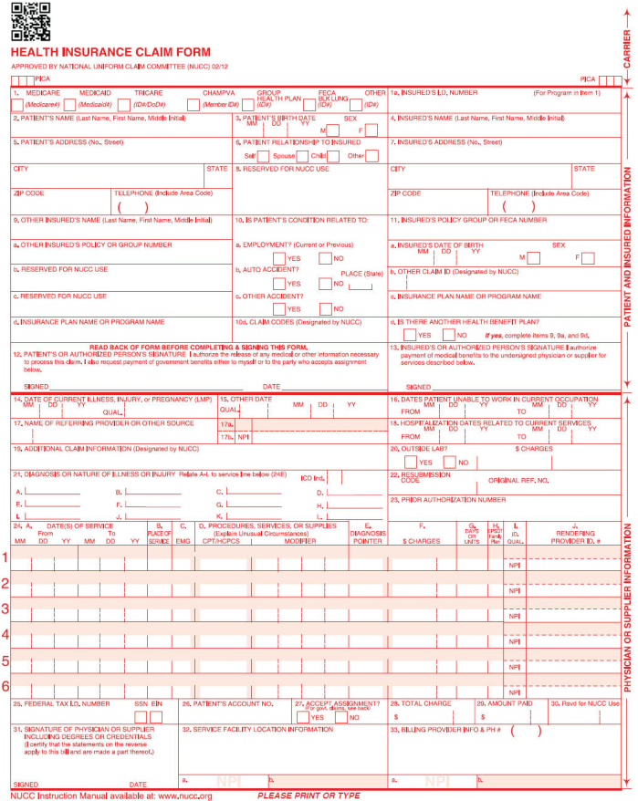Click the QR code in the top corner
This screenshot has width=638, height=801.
click(x=29, y=21)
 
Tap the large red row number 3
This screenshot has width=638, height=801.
click(x=6, y=609)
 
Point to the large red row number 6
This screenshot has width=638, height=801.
click(x=6, y=687)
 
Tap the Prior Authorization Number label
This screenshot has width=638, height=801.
click(x=447, y=499)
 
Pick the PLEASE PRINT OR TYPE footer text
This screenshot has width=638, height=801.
click(x=309, y=796)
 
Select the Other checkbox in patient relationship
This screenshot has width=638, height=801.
click(x=371, y=156)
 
